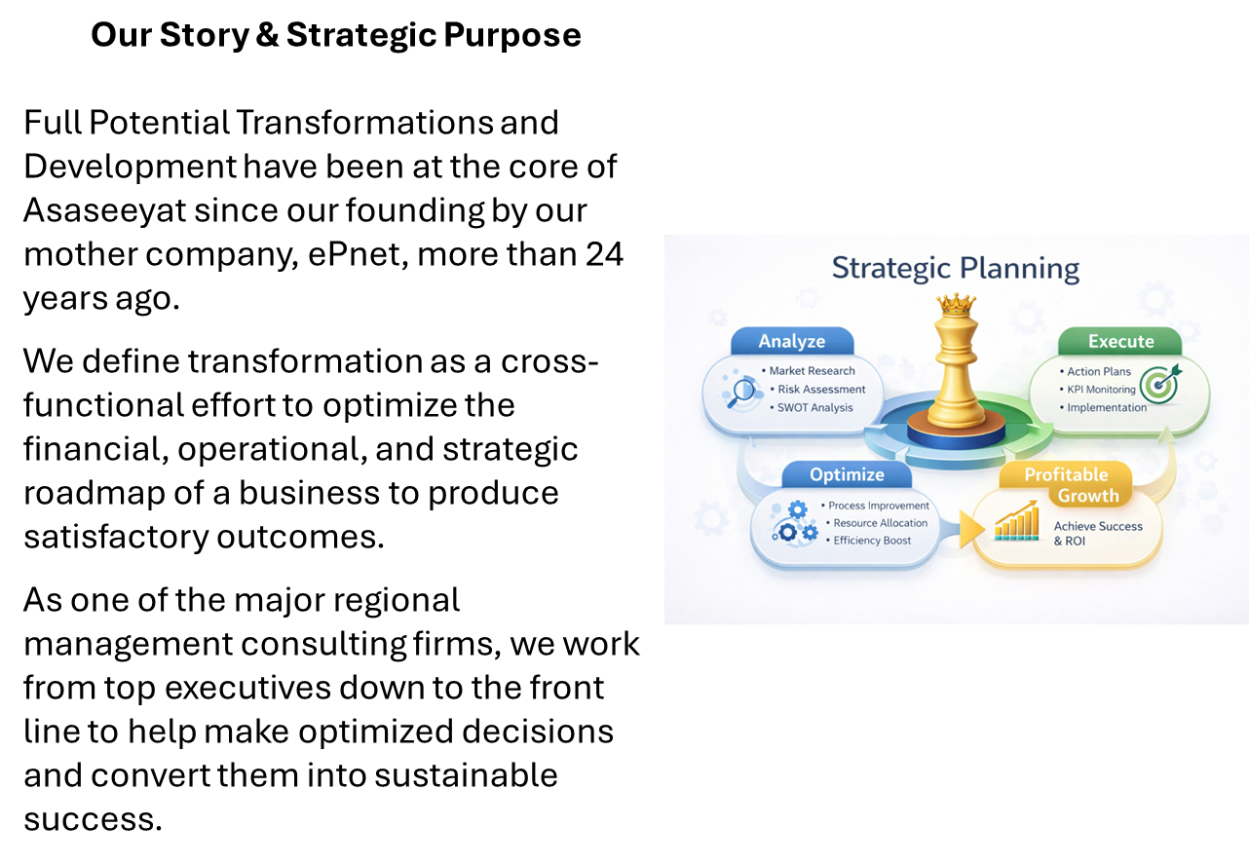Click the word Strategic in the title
(890, 268)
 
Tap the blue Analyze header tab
(791, 341)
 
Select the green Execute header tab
(1120, 341)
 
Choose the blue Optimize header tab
(847, 474)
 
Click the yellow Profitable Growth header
(1067, 484)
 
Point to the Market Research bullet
(812, 371)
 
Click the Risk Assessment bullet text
(821, 390)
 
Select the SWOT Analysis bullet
(814, 408)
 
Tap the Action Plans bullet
(1098, 371)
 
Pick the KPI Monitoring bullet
(1101, 390)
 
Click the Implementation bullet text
(1106, 408)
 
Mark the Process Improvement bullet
(878, 506)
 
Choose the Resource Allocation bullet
(880, 523)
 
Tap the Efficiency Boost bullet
(872, 541)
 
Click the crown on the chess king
(956, 305)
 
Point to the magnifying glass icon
(744, 391)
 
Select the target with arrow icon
(1159, 384)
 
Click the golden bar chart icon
(1016, 522)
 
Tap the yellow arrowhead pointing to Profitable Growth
(970, 529)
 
